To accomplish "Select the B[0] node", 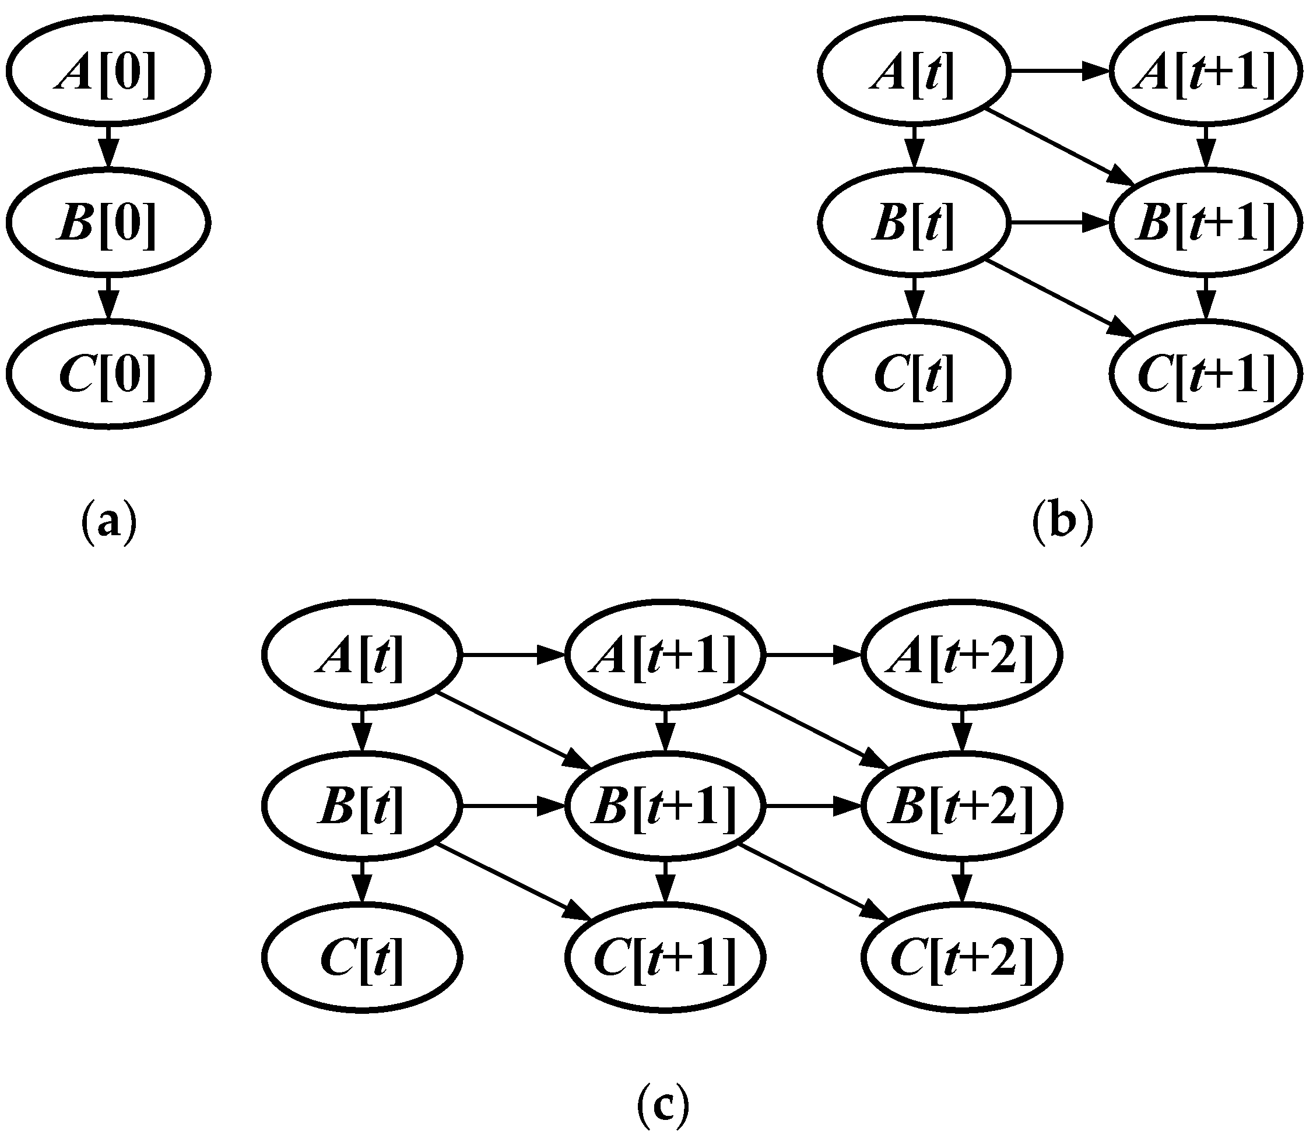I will point(108,222).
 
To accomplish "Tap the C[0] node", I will point(108,373).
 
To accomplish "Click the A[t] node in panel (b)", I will point(914,72).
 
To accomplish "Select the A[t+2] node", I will point(961,655).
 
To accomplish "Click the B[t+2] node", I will point(961,806).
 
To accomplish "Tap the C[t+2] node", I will point(961,958).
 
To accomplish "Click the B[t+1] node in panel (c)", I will point(665,806).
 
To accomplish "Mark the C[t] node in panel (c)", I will point(361,958).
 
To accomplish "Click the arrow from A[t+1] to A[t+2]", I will point(813,655).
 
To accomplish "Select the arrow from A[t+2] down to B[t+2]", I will point(962,730).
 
